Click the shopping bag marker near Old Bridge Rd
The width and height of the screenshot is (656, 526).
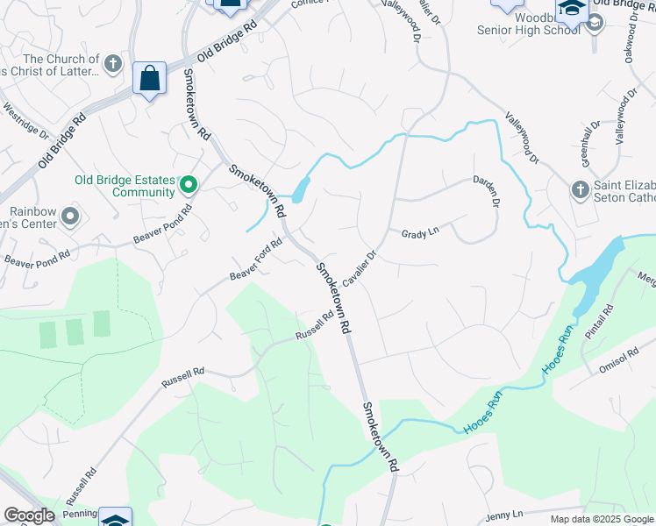pyautogui.click(x=150, y=79)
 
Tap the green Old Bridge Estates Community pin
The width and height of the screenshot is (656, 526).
pyautogui.click(x=188, y=185)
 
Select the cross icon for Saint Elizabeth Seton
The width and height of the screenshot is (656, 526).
pyautogui.click(x=579, y=189)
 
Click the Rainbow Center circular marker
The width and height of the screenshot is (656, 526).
pyautogui.click(x=71, y=216)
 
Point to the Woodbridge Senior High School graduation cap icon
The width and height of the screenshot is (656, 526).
pyautogui.click(x=571, y=10)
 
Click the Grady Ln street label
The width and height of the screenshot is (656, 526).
pyautogui.click(x=419, y=234)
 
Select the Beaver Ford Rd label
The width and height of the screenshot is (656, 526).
pyautogui.click(x=255, y=260)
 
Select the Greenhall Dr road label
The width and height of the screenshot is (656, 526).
pyautogui.click(x=592, y=138)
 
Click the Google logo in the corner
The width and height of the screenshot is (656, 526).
pyautogui.click(x=28, y=515)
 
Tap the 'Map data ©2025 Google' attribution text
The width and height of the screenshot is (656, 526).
pyautogui.click(x=601, y=519)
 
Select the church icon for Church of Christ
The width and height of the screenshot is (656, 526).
pyautogui.click(x=112, y=64)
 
